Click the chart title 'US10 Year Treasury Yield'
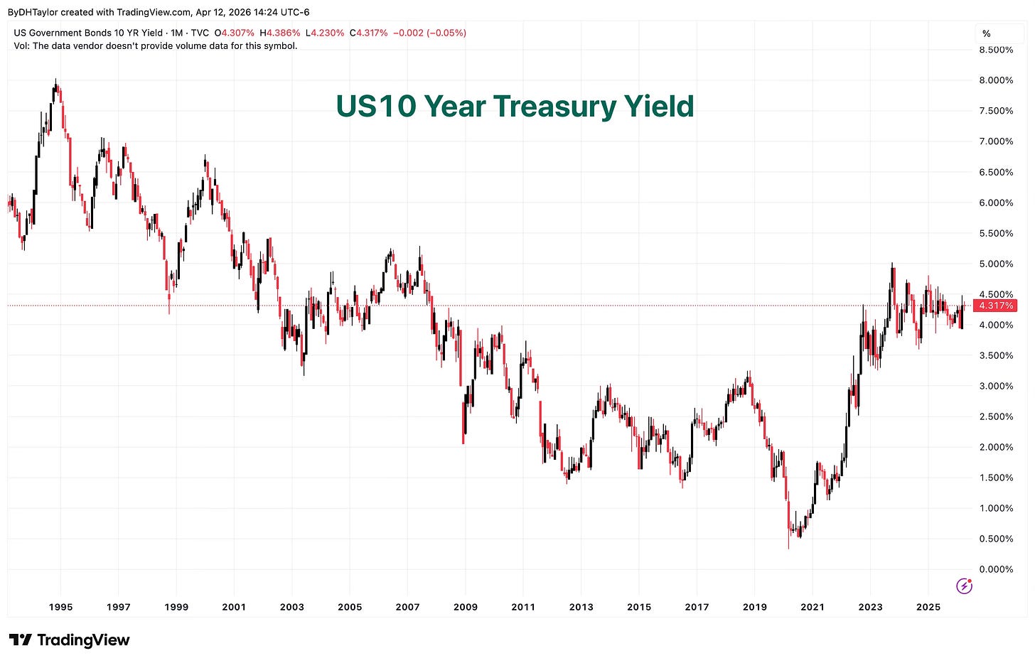515,107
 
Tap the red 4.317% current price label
995,306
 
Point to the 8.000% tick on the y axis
995,80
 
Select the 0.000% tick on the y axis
995,569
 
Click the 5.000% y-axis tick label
995,264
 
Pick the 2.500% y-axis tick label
995,416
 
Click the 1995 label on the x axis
60,607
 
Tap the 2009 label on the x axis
466,607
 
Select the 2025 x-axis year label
928,607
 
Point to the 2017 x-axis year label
697,607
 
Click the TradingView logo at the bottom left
69,640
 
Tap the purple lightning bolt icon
964,586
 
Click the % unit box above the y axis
987,33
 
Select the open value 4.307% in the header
237,33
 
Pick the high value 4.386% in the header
283,33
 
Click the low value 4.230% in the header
327,33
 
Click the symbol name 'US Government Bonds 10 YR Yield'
88,33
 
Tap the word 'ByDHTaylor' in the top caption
33,12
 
